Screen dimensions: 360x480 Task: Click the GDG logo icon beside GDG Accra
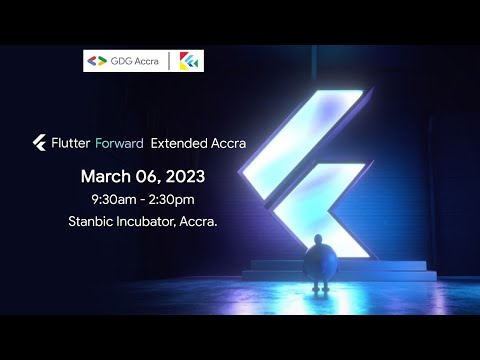(x=98, y=61)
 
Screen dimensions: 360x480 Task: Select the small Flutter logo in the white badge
(x=187, y=61)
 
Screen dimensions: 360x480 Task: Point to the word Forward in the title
(x=119, y=143)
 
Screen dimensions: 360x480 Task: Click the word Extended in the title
(x=179, y=143)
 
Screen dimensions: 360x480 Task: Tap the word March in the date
(x=105, y=176)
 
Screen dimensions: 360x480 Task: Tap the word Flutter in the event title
(x=71, y=143)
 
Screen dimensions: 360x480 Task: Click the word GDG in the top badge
(x=118, y=61)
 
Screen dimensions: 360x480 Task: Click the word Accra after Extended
(x=227, y=143)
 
